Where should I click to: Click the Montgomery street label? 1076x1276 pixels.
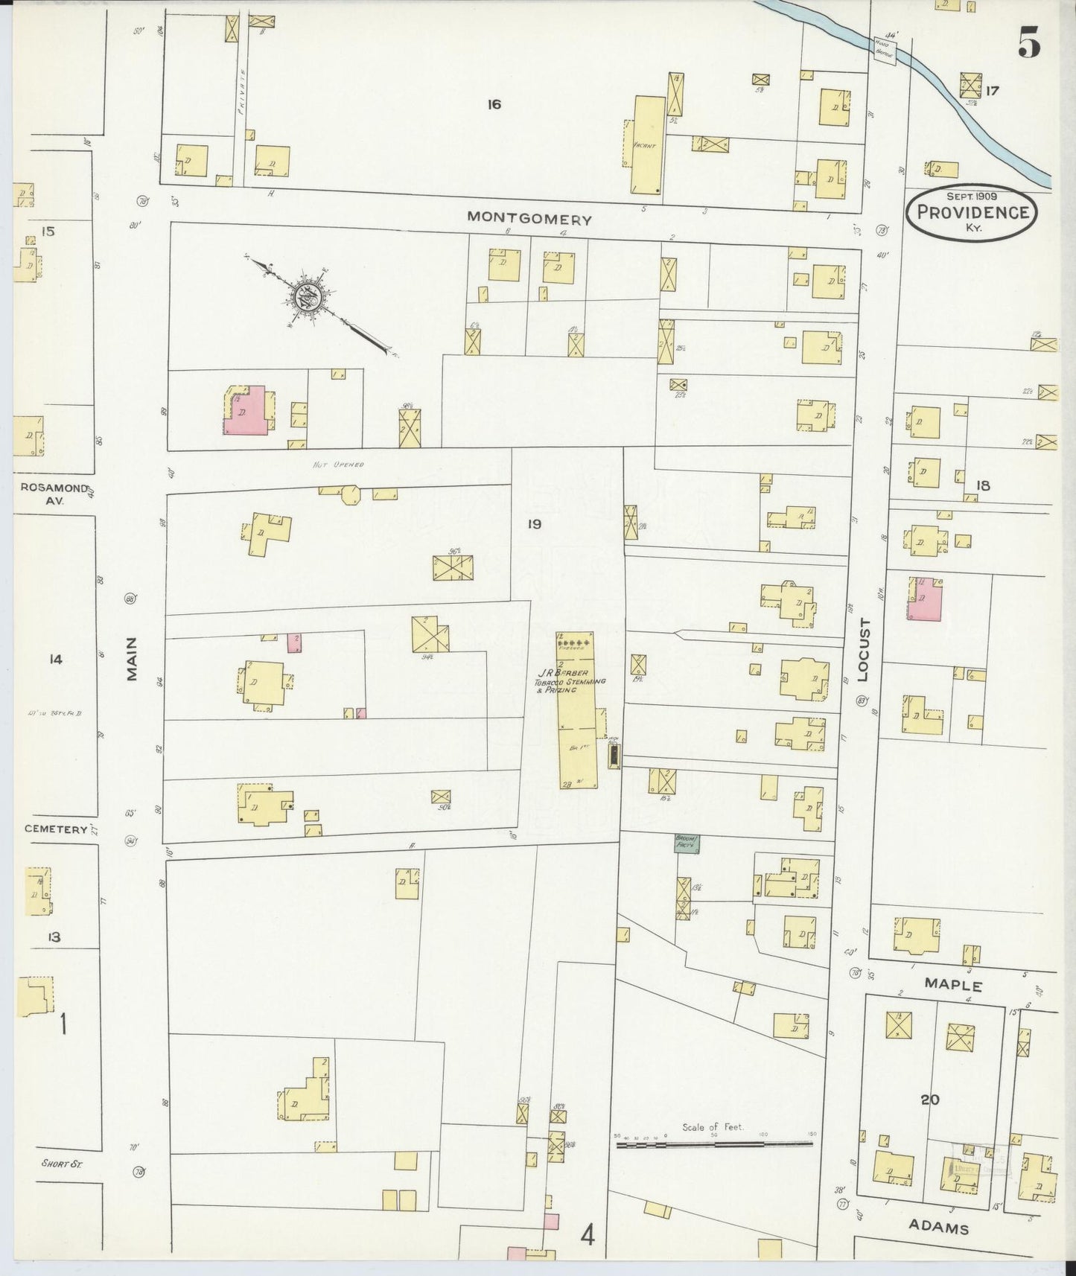pos(529,219)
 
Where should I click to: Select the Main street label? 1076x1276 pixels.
pos(133,659)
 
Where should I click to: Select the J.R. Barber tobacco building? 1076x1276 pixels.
pos(577,711)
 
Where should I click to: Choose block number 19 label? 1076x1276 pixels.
pos(534,524)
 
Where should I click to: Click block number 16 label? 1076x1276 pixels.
pos(494,104)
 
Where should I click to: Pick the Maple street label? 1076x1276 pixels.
pos(953,985)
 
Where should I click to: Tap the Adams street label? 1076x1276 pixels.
pos(940,1228)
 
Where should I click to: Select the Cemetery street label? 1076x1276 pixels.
pos(56,829)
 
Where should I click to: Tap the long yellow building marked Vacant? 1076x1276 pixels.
pos(646,144)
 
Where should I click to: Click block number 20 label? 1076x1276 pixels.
pos(930,1099)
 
